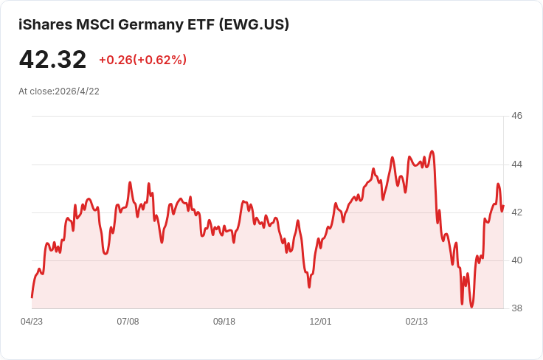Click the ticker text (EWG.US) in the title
tap(254, 24)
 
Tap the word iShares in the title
tap(44, 24)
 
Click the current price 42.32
tap(52, 60)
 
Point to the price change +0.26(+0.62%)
tap(142, 60)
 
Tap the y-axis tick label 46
tap(516, 116)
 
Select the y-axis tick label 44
tap(516, 164)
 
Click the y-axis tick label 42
tap(516, 212)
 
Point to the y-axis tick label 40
tap(516, 260)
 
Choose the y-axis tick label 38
tap(516, 308)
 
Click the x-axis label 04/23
tap(32, 322)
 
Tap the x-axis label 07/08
tap(128, 322)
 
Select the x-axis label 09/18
tap(224, 322)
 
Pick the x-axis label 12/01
tap(320, 322)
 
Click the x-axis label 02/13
tap(417, 322)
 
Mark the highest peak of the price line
tap(432, 151)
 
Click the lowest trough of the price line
tap(471, 307)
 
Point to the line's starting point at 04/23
tap(32, 297)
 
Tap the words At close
tap(35, 91)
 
